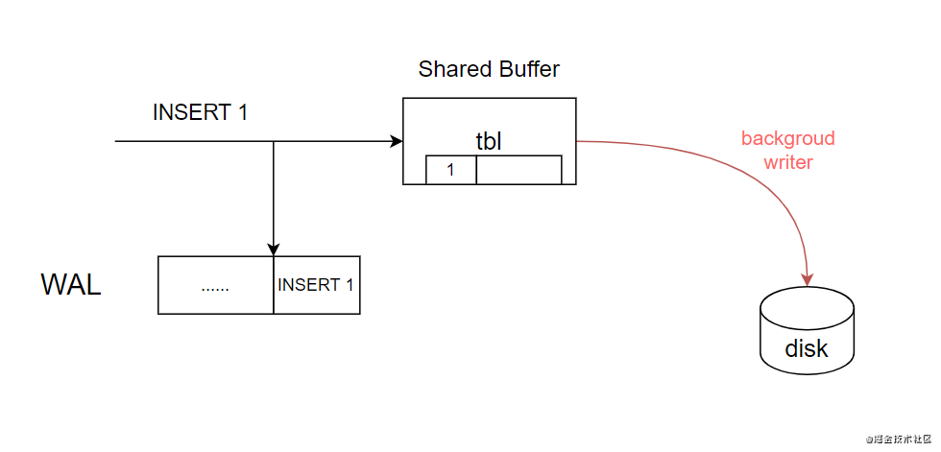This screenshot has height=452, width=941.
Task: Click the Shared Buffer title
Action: pyautogui.click(x=489, y=69)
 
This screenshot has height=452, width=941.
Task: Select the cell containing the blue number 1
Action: pyautogui.click(x=451, y=170)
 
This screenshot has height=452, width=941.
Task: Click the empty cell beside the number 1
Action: pyautogui.click(x=519, y=170)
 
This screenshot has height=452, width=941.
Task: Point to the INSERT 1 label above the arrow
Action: pyautogui.click(x=200, y=112)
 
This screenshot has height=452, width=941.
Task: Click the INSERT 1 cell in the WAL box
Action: pyautogui.click(x=316, y=285)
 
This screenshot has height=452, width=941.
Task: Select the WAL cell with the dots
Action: pyautogui.click(x=216, y=285)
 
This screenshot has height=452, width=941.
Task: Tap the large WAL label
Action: pyautogui.click(x=71, y=285)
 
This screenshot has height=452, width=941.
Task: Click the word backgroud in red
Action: pyautogui.click(x=787, y=138)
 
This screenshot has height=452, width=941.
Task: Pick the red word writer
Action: pyautogui.click(x=788, y=162)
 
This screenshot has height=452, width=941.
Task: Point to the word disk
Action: pyautogui.click(x=807, y=347)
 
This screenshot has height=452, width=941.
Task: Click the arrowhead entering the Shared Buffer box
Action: pyautogui.click(x=397, y=142)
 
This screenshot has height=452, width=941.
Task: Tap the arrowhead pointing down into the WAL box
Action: pyautogui.click(x=274, y=250)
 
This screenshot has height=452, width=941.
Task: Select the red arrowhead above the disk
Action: pyautogui.click(x=807, y=277)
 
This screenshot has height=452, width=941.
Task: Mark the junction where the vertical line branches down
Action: pyautogui.click(x=274, y=142)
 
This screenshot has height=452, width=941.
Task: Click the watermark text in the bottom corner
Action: pyautogui.click(x=900, y=440)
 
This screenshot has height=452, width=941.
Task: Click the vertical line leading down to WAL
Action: pyautogui.click(x=274, y=197)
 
